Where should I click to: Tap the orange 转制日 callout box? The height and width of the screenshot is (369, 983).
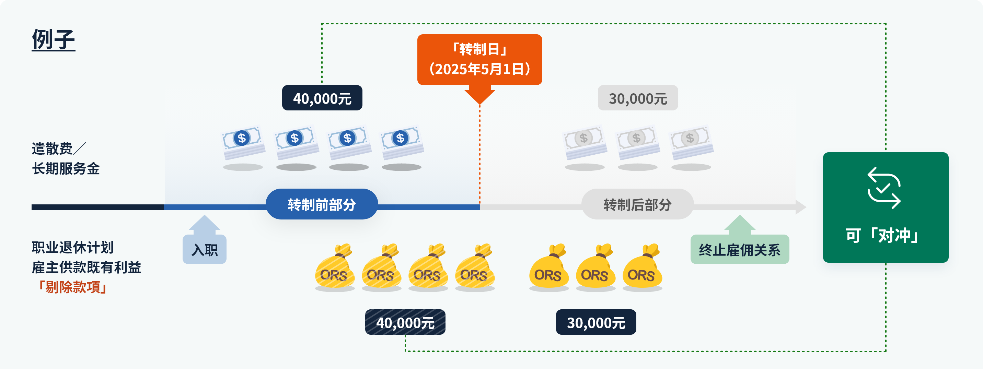coord(480,59)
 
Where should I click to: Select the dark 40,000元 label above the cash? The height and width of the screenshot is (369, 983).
coord(322,98)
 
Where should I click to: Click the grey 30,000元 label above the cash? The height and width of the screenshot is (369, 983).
coord(638,98)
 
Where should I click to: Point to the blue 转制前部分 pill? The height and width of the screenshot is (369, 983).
coord(322,204)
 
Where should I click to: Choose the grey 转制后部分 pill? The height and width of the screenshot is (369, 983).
coord(637,204)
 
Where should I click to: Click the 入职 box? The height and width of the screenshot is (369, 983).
coord(205,250)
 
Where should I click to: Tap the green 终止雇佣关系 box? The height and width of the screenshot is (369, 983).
coord(740,250)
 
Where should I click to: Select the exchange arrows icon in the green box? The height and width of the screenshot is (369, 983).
coord(884,188)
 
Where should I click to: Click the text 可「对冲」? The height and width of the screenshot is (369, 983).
coord(884,235)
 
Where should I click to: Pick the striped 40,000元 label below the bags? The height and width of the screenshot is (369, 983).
coord(405,322)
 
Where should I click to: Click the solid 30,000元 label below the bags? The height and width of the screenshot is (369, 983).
coord(596,322)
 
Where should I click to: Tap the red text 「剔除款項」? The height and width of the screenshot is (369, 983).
coord(71,287)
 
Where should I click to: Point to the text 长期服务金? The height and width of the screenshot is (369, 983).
coord(66,168)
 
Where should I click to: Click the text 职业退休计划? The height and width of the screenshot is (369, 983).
coord(73,247)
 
